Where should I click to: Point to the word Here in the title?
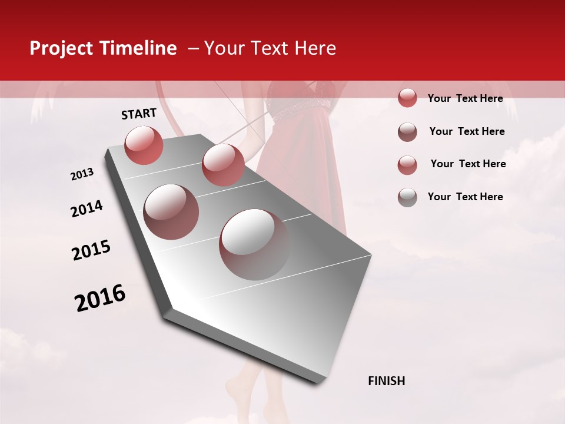315,49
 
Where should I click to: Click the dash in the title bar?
193,49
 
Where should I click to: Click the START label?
139,114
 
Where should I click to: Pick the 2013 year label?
82,174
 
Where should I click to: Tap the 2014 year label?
87,208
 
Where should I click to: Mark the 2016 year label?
100,297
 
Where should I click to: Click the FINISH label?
387,381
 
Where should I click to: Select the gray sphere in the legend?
407,197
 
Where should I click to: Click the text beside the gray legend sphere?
465,197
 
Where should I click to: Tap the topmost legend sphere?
407,98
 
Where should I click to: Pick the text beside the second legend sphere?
467,131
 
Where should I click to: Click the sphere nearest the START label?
144,145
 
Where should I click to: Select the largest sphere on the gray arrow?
254,244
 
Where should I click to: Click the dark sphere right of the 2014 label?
171,212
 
